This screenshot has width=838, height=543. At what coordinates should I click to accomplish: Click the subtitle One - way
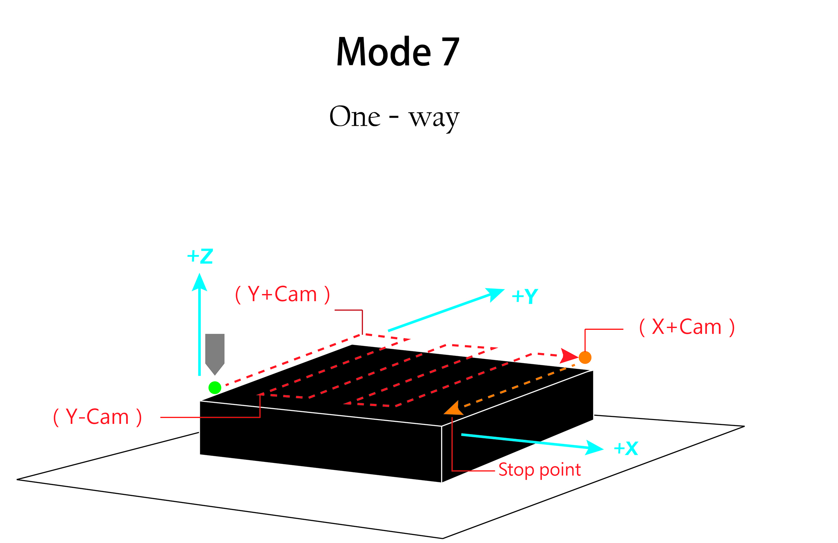tap(394, 117)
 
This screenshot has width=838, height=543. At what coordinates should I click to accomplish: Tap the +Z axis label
tap(200, 256)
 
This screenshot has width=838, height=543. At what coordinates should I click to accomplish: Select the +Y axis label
tap(525, 296)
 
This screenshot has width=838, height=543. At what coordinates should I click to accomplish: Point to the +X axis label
tap(626, 449)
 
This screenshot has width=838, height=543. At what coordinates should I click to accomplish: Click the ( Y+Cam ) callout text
tap(282, 294)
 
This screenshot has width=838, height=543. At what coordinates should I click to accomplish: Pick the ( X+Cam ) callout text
tap(687, 327)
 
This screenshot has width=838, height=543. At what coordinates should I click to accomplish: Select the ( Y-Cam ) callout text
tap(98, 417)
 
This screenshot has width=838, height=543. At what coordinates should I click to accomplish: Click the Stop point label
tap(539, 470)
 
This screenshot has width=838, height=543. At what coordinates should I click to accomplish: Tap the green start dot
tap(215, 388)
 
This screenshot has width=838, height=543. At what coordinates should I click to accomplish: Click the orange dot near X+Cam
tap(585, 358)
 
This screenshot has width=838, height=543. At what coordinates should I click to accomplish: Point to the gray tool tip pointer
tap(215, 354)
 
